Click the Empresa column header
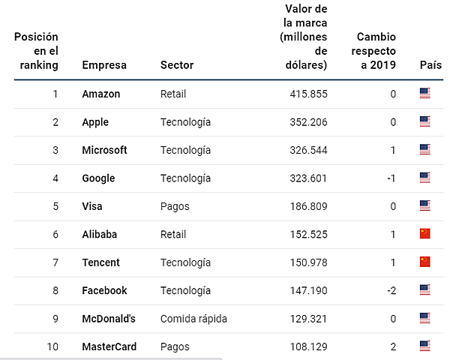104,65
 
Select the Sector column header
177,65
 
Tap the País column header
430,65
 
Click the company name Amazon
100,94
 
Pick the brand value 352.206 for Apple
308,122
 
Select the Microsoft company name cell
104,150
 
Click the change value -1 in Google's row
391,178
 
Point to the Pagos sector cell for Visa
175,206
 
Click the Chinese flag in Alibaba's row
424,234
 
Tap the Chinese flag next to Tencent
424,262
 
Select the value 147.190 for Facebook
308,290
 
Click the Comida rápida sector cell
193,319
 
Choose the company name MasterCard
108,346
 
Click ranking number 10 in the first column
52,346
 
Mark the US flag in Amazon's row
424,94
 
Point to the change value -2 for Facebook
391,290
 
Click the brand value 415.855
308,94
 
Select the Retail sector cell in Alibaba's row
173,234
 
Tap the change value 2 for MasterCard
393,346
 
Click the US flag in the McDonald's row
424,318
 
